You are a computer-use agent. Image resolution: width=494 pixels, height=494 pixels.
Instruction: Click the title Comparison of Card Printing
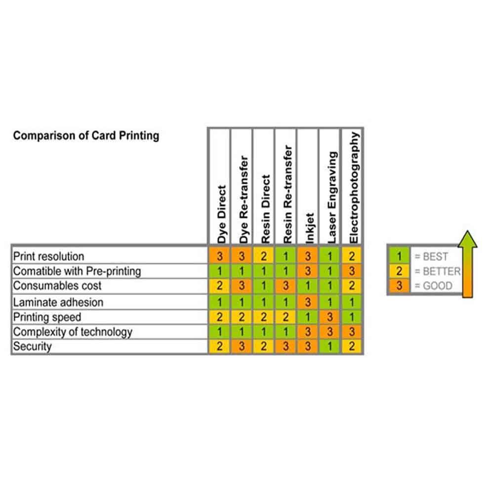click(86, 136)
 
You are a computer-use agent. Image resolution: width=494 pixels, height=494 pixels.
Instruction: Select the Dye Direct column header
click(222, 214)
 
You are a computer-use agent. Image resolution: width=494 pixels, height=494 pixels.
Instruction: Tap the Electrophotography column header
click(354, 188)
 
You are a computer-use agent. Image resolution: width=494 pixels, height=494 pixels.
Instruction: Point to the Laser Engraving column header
click(332, 198)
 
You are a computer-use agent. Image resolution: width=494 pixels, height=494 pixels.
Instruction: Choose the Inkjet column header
click(310, 228)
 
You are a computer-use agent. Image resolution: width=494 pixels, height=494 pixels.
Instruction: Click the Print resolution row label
click(48, 256)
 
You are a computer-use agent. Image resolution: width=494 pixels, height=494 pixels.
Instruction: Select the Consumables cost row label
click(57, 286)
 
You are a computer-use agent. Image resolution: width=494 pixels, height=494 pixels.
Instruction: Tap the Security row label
click(32, 346)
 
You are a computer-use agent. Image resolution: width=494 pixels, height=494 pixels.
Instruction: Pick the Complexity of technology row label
click(73, 332)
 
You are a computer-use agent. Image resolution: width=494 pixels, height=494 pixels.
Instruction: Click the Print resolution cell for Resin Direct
click(264, 256)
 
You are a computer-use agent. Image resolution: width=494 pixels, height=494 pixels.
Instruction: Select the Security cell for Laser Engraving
click(330, 346)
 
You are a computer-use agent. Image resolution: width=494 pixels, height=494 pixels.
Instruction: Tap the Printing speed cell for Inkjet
click(308, 317)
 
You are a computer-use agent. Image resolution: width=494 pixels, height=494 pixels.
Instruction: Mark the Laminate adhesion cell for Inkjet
click(308, 302)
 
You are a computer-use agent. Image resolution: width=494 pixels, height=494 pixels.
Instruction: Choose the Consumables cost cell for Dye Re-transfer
click(242, 286)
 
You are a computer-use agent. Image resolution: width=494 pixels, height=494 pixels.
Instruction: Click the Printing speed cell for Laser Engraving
click(330, 317)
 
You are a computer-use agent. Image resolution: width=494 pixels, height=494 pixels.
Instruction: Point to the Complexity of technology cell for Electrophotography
click(352, 332)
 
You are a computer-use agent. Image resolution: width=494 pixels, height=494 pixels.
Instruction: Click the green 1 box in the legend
click(399, 256)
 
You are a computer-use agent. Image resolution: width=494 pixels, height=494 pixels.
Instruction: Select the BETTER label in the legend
click(441, 271)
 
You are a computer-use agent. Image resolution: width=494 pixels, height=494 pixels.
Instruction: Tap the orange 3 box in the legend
click(399, 286)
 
